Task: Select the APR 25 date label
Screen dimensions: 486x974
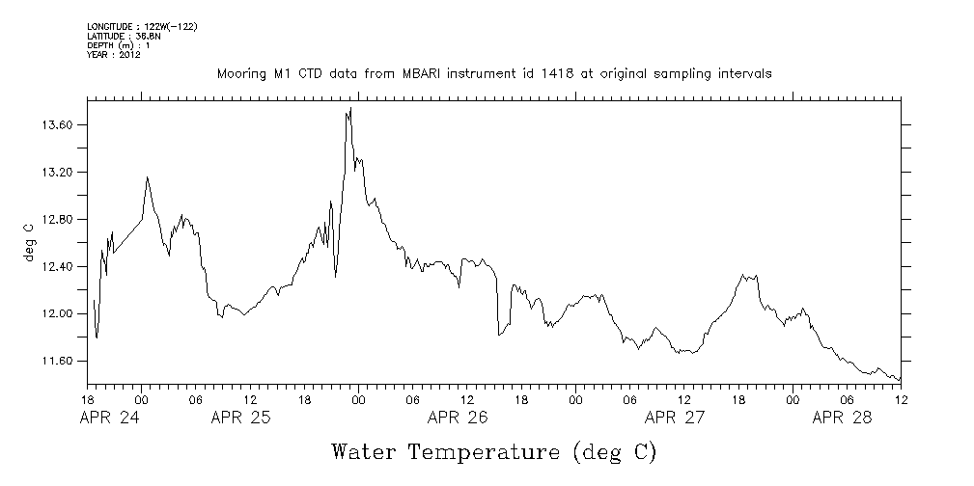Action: click(240, 418)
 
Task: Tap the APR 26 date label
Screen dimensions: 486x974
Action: click(457, 418)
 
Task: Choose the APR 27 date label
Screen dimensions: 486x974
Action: click(674, 418)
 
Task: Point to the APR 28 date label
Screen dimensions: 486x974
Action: click(842, 418)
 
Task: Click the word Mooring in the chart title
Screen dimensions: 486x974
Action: click(242, 74)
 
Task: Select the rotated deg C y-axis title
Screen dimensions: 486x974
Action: click(30, 242)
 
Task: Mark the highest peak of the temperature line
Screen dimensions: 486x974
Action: click(350, 109)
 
